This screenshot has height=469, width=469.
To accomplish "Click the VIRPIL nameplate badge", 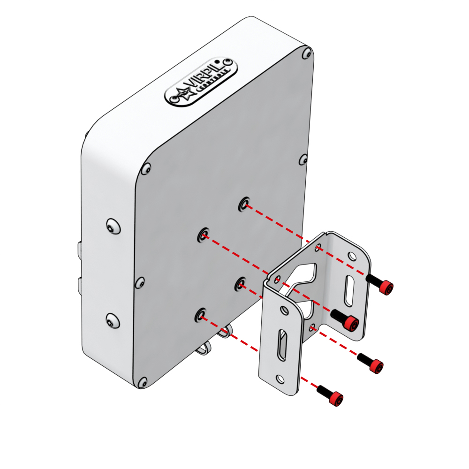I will [x=199, y=83].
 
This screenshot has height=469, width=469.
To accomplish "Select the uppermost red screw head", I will [x=386, y=287].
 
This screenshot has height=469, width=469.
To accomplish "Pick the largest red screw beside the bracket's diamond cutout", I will [x=350, y=323].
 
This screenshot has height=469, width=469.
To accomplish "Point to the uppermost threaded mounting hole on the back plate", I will [x=244, y=204].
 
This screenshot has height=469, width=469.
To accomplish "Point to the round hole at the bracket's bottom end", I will [x=280, y=378].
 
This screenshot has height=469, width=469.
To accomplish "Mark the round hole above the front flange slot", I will [x=283, y=310].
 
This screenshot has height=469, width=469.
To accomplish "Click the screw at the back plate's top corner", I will [x=306, y=52].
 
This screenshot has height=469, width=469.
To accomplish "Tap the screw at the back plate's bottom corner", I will [x=143, y=383].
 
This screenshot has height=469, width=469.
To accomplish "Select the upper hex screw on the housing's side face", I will [x=112, y=226].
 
